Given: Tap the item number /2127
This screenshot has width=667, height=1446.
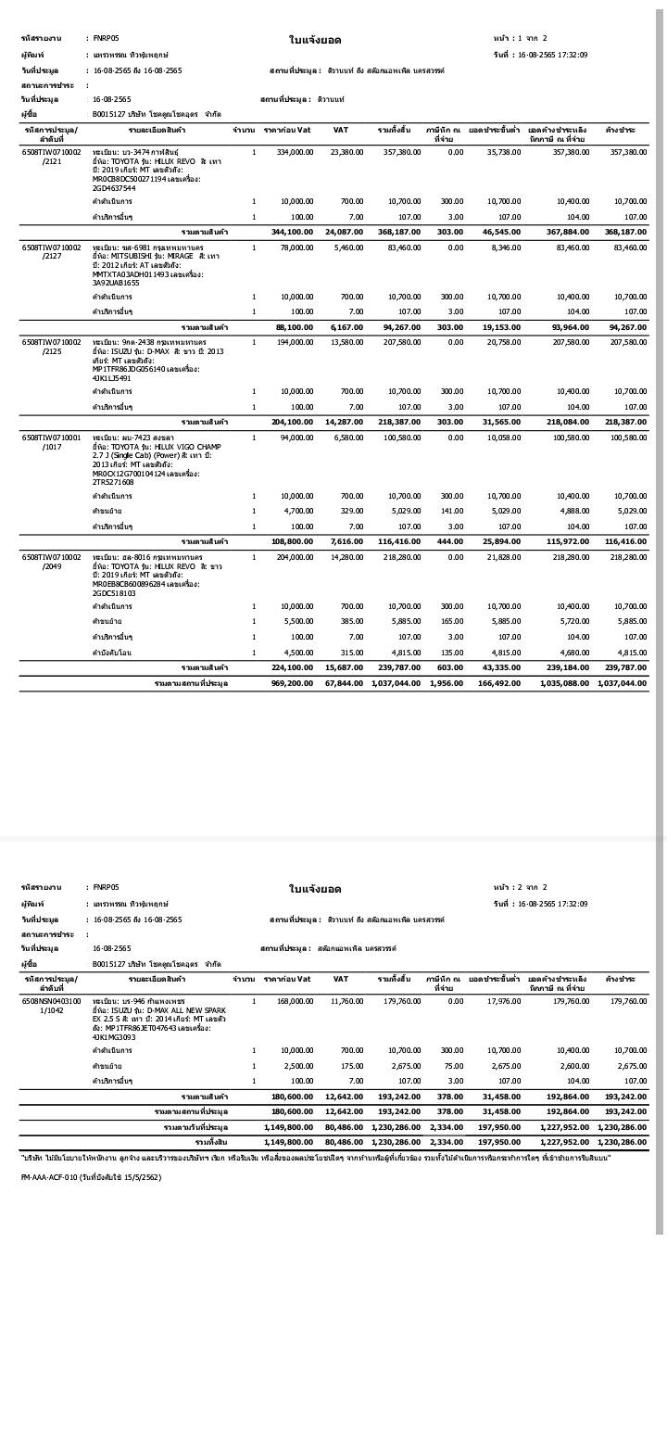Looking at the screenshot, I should pyautogui.click(x=52, y=257).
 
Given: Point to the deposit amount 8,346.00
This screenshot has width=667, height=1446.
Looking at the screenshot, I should pyautogui.click(x=504, y=247).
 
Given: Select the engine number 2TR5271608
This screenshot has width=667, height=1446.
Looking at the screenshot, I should pyautogui.click(x=114, y=482).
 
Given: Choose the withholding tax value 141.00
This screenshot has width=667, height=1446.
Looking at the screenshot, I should pyautogui.click(x=451, y=511).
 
